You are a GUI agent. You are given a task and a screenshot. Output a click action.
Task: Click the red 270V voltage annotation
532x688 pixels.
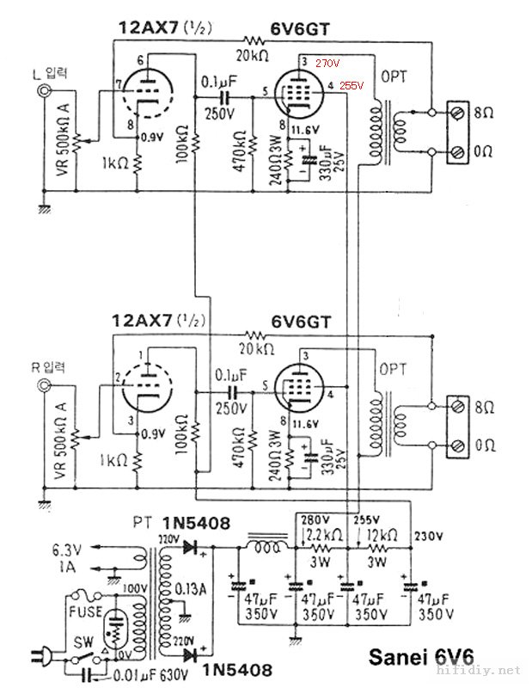327,64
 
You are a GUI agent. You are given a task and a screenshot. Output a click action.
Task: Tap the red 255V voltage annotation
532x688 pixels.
352,86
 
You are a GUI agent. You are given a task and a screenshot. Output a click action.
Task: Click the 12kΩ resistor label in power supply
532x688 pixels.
380,533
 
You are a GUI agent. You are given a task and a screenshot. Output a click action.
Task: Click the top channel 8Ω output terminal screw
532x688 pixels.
460,113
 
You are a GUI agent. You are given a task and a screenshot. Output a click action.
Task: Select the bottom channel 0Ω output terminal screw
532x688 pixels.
460,445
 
